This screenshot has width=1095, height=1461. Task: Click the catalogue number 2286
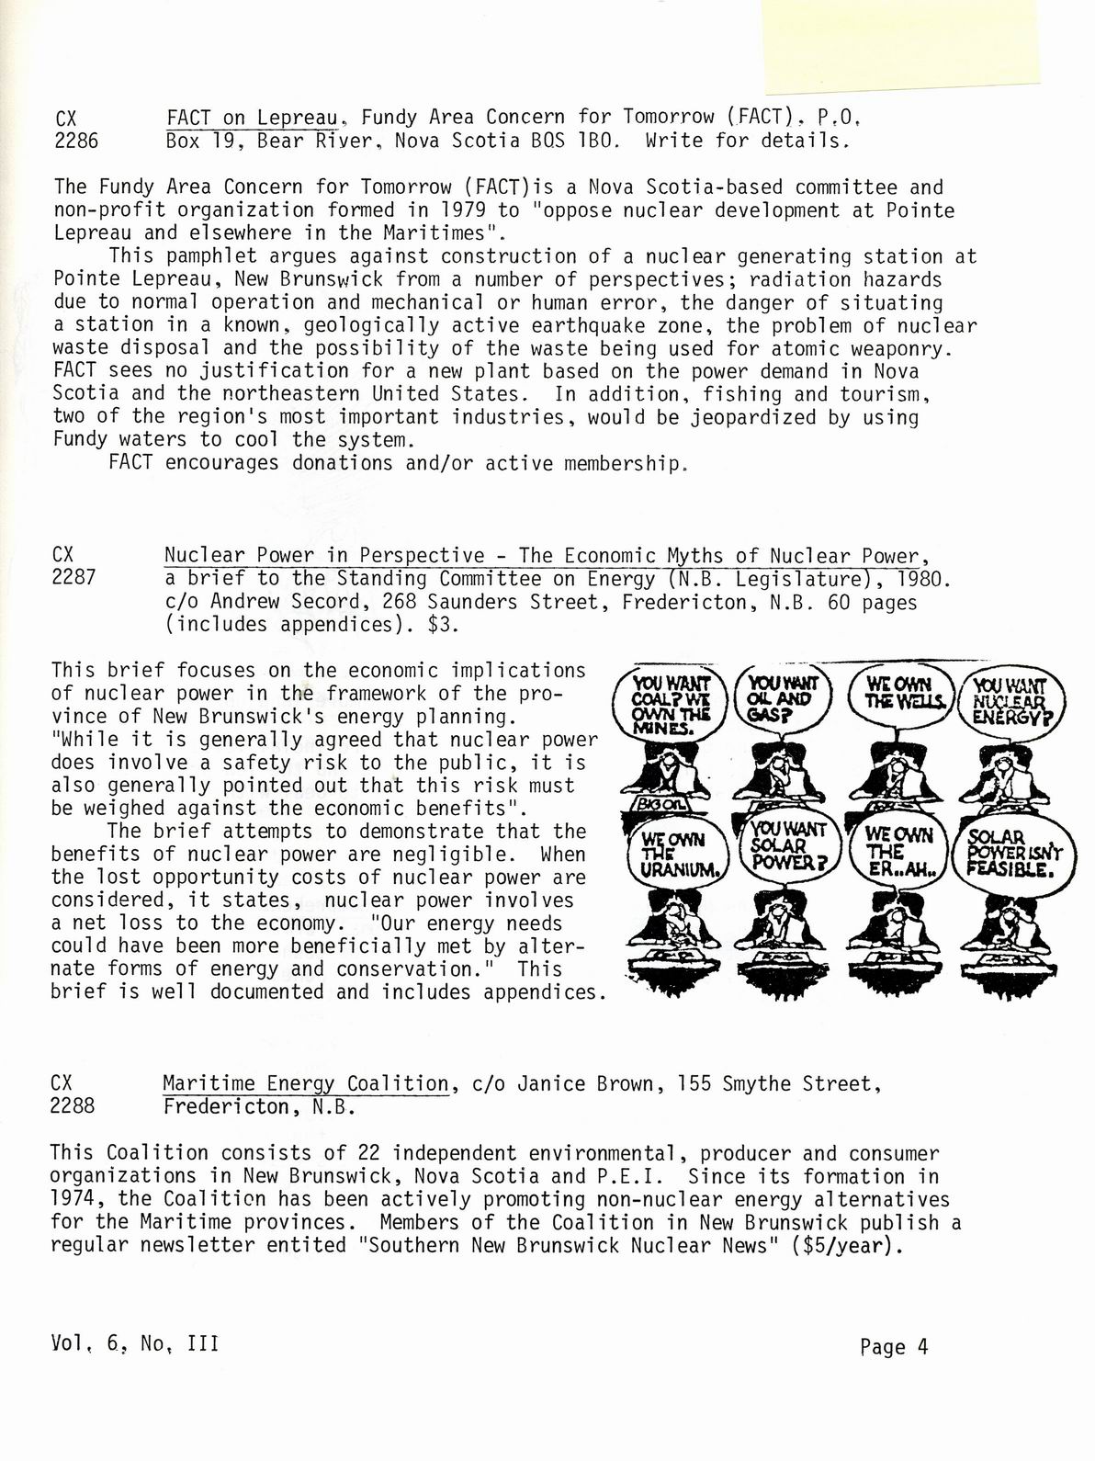[76, 142]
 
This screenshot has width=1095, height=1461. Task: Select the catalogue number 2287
[74, 579]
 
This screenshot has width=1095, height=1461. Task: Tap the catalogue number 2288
[73, 1106]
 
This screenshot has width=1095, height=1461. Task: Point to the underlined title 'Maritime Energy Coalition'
[306, 1083]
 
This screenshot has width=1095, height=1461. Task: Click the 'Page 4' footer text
[894, 1347]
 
